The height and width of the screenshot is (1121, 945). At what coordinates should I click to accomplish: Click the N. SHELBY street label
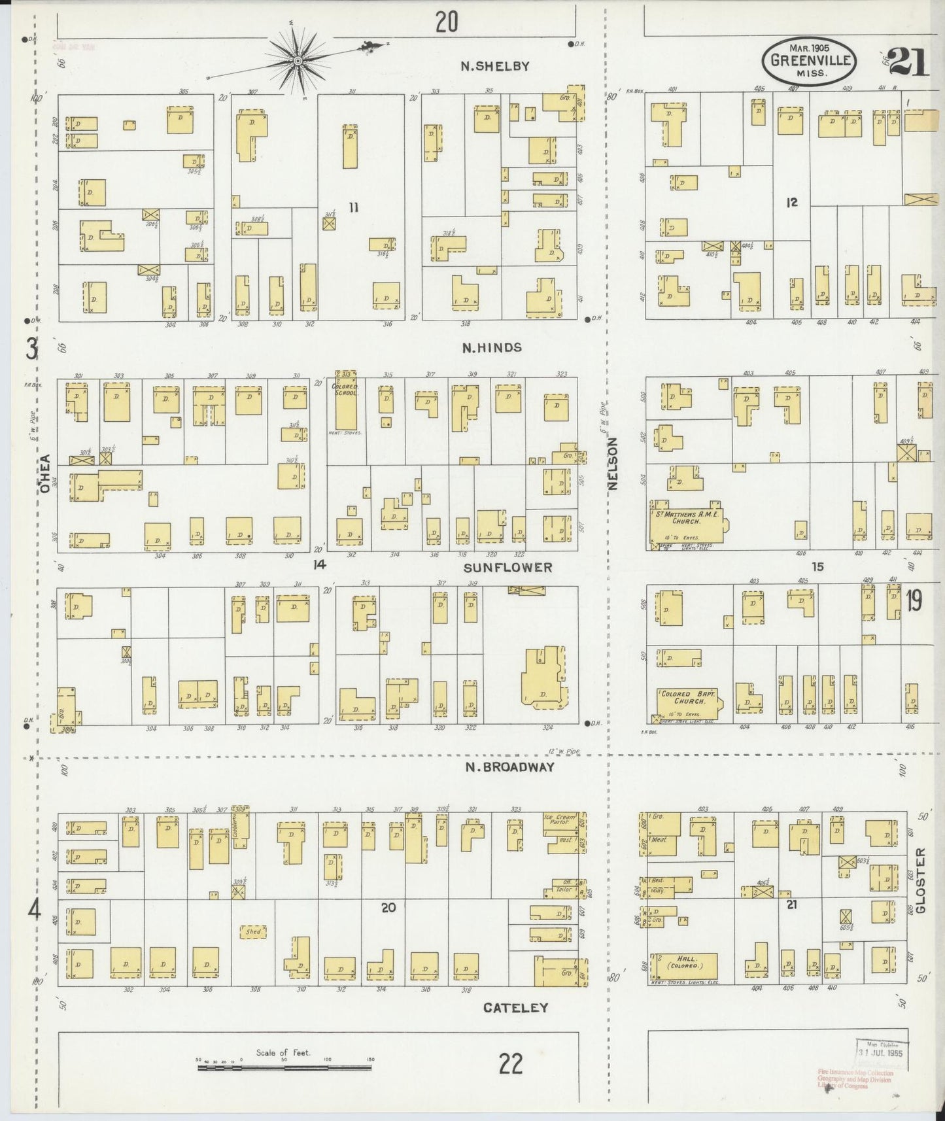494,65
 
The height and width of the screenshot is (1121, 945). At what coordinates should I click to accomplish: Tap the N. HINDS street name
492,347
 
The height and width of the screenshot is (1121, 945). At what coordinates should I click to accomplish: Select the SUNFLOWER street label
507,568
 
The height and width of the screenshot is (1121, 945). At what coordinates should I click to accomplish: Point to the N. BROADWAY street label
510,767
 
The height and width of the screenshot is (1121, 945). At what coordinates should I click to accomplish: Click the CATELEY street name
515,1008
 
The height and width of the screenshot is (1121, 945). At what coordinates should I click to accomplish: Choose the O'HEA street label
44,477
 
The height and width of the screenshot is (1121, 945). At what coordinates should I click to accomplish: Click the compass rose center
298,61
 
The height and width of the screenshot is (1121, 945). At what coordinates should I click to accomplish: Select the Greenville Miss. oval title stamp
808,60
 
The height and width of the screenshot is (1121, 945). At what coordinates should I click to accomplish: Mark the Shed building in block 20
254,931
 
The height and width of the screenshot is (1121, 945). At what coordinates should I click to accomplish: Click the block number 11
354,208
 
